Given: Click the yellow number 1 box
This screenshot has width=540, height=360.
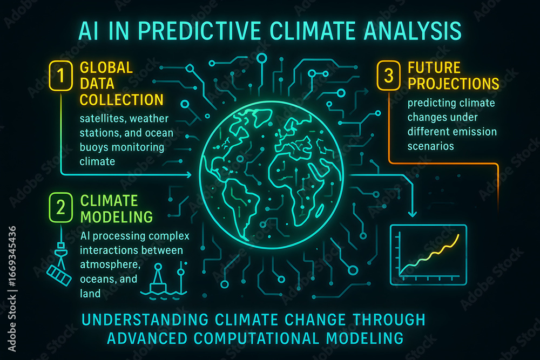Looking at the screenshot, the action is [60, 76].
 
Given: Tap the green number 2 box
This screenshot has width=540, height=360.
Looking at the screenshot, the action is [60, 208].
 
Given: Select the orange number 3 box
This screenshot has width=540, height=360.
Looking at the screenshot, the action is [388, 76].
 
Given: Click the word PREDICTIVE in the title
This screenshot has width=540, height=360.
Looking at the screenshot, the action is [201, 31].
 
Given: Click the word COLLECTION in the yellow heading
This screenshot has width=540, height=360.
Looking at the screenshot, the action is [122, 100].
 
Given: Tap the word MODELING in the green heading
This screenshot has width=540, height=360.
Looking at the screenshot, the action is [117, 217].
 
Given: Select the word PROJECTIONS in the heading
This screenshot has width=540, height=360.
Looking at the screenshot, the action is [454, 84].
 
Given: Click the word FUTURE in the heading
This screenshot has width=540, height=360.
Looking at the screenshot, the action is [434, 67].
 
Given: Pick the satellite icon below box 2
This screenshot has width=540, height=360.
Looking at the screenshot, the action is [59, 264].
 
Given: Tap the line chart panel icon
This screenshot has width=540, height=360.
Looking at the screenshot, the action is [428, 255].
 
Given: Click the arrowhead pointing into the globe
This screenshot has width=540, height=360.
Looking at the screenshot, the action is [189, 175].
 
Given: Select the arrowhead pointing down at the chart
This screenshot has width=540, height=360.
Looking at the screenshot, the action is [412, 214].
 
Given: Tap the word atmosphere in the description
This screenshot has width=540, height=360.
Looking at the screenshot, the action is [110, 264].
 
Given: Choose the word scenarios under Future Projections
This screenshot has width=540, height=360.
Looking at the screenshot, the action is [430, 146].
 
